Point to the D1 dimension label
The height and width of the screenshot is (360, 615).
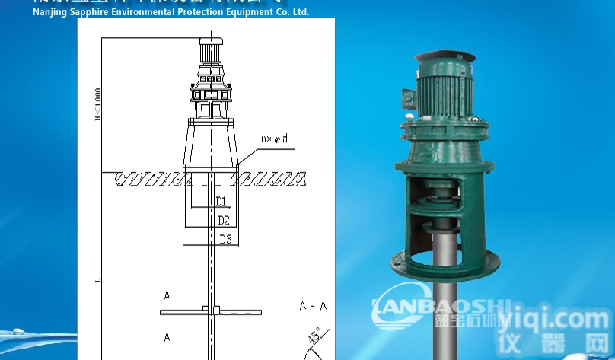click(x=221, y=202)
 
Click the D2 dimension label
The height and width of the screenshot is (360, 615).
click(x=224, y=221)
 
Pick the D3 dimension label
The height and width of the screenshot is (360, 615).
click(x=225, y=239)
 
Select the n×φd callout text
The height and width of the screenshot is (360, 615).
click(x=274, y=139)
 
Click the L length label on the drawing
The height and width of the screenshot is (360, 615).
click(x=97, y=281)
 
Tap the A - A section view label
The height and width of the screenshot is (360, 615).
click(x=313, y=306)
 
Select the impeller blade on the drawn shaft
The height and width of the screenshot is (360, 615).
click(x=211, y=311)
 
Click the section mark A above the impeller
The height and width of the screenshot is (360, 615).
click(x=168, y=295)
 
